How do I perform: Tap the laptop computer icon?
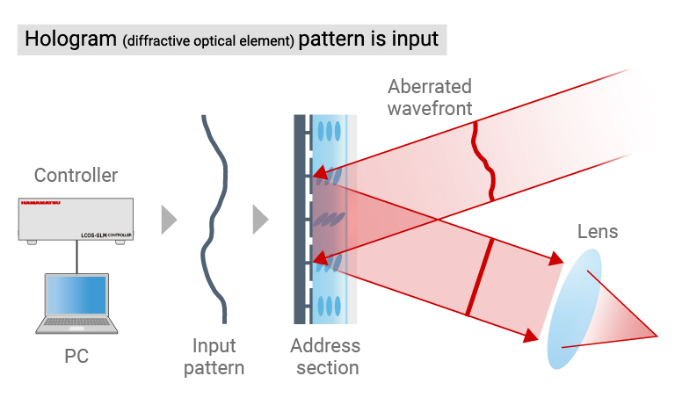[76, 303]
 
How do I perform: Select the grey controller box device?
[76, 219]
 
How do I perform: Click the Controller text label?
[76, 176]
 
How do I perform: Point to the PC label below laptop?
[76, 356]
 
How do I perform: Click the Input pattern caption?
[214, 356]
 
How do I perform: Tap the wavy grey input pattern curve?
[214, 220]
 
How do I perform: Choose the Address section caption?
[325, 356]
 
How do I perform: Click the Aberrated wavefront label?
[430, 97]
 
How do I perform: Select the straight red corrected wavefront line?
[480, 276]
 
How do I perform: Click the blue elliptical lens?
[576, 308]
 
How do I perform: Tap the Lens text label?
[598, 233]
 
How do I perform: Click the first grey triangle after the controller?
[169, 220]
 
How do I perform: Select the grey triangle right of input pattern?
[260, 220]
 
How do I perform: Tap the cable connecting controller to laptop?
[76, 257]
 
